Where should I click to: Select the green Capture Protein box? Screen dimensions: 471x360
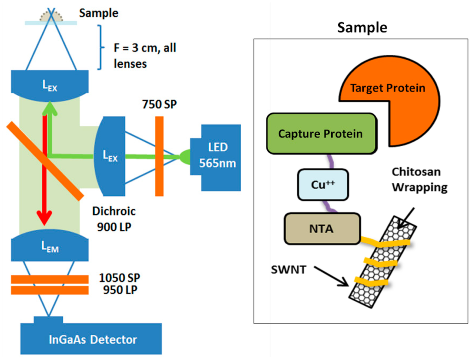point(322,134)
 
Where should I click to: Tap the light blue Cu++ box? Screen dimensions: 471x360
point(323,185)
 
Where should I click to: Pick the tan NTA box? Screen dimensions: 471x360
point(322,229)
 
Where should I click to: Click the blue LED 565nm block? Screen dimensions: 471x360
point(215,158)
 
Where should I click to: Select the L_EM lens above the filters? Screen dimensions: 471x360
point(50,246)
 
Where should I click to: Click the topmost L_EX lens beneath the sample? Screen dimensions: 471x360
point(50,86)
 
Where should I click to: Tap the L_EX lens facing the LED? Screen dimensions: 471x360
point(109,156)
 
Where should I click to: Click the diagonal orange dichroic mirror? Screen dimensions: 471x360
point(45,161)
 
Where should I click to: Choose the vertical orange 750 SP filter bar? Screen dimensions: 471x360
point(159,156)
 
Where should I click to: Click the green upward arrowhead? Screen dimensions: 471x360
point(50,109)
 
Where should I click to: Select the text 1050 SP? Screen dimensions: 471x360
point(120,278)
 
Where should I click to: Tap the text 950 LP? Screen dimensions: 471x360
point(120,290)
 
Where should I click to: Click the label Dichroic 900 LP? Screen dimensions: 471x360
point(114,219)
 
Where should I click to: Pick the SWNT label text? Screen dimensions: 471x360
point(288,269)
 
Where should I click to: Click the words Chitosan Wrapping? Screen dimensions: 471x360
point(419,180)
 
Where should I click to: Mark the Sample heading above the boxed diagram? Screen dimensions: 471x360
point(362,28)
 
